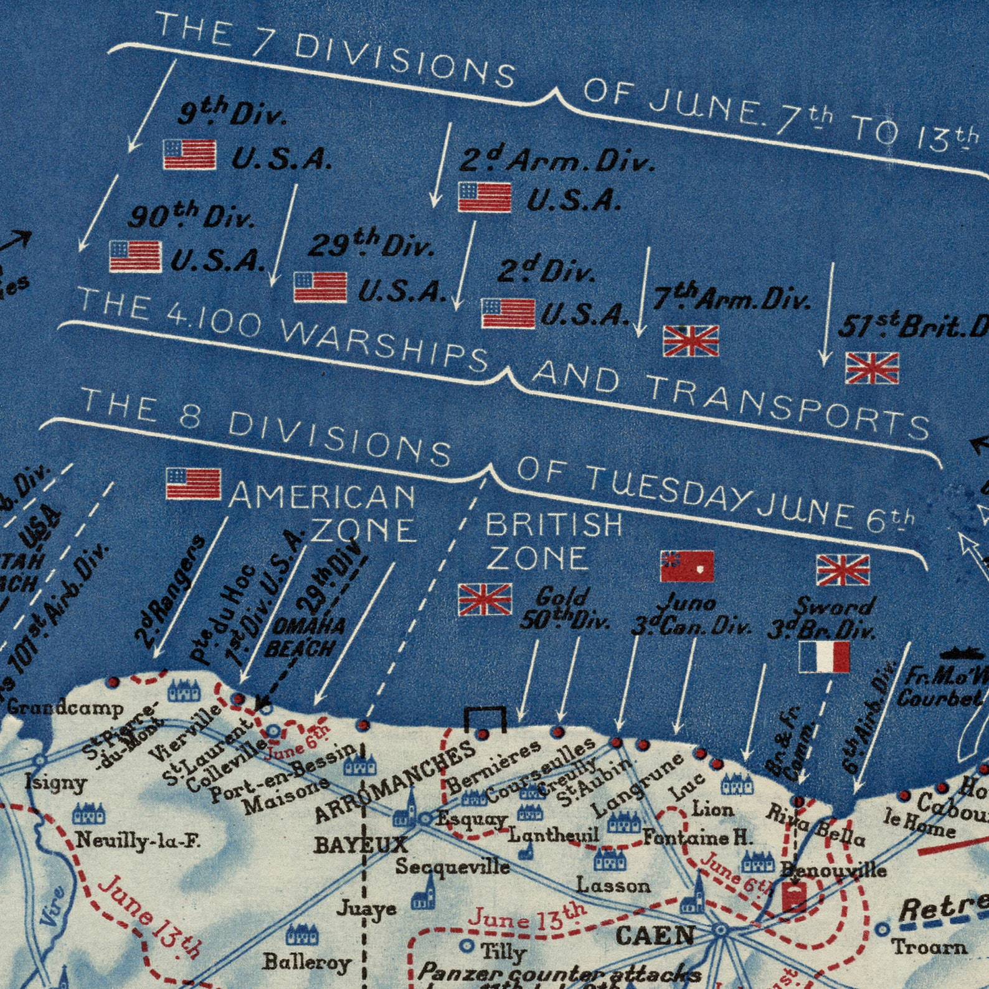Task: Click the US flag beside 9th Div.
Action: (190, 154)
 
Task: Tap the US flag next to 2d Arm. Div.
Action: (485, 197)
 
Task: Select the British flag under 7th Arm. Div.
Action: (691, 341)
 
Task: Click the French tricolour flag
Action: (824, 658)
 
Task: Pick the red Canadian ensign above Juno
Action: (687, 566)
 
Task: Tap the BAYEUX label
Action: (361, 845)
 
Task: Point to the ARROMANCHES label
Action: (395, 780)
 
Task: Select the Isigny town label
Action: (56, 782)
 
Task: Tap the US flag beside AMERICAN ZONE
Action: (193, 483)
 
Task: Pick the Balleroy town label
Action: (306, 962)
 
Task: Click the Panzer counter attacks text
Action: (559, 973)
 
